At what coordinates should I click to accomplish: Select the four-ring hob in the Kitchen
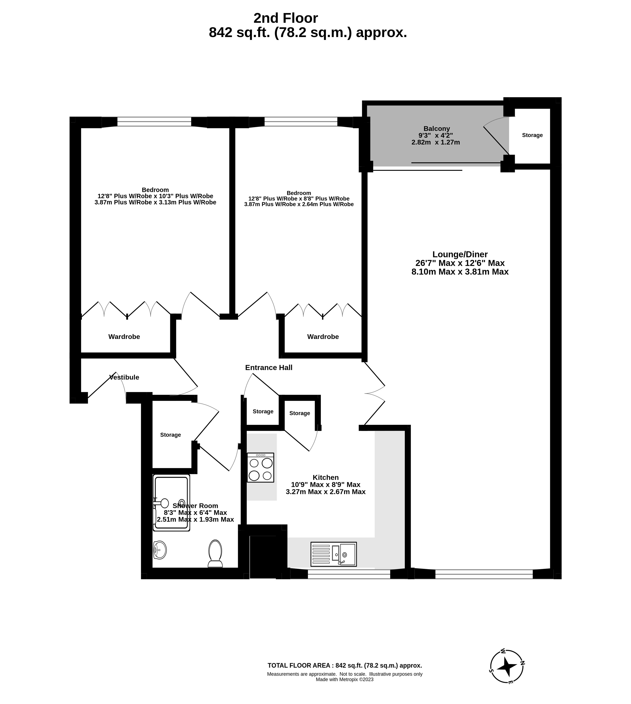[260, 467]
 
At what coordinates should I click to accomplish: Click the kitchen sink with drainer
[333, 554]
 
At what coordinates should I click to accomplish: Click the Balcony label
[437, 129]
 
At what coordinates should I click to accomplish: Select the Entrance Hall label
[269, 368]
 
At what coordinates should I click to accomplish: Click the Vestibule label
[124, 377]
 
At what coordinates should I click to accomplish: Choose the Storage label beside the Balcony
[532, 135]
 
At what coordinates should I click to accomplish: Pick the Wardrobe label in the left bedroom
[124, 336]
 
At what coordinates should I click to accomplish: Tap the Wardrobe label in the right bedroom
[323, 336]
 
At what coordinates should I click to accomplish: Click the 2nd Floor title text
[286, 18]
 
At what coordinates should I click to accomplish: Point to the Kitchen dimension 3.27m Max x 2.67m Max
[326, 492]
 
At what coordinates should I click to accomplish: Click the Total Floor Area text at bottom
[345, 666]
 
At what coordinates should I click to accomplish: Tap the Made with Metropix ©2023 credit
[345, 679]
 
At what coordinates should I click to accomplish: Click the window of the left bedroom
[154, 121]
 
